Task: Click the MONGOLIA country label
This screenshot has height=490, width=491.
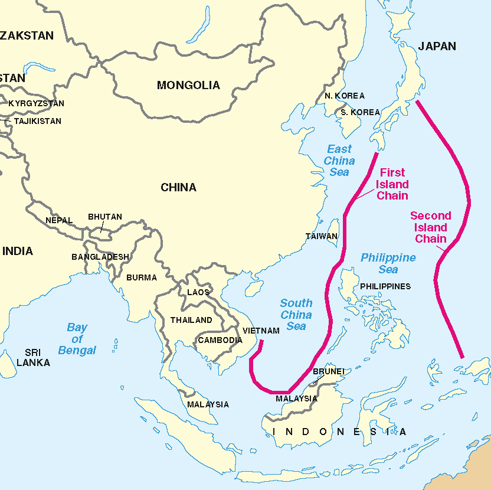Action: coord(188,86)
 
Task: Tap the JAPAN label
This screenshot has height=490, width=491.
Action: coord(437,46)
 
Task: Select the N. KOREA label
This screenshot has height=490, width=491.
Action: coord(345,96)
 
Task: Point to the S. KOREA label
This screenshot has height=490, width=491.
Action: coord(360,112)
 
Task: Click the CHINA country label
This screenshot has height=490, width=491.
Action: coord(178,188)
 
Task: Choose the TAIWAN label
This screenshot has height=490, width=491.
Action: coord(322,236)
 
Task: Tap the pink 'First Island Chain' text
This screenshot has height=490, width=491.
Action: coord(392,184)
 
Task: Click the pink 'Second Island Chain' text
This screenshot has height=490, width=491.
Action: coord(431,227)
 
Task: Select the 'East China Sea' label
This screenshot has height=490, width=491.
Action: coord(339,161)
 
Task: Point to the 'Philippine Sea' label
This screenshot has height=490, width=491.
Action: coord(388,263)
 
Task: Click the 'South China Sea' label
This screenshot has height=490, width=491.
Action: coord(296,315)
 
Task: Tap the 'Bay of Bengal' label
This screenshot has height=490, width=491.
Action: coord(77,339)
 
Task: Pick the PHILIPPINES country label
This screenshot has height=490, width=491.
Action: coord(385,286)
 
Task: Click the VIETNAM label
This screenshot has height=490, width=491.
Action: coord(261,331)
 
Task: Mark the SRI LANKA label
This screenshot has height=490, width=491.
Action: coord(33,357)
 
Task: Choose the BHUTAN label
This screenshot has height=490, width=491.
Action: coord(105,217)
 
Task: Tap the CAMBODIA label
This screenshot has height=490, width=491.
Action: coord(220,340)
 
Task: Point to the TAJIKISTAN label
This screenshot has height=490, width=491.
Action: coord(38,121)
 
